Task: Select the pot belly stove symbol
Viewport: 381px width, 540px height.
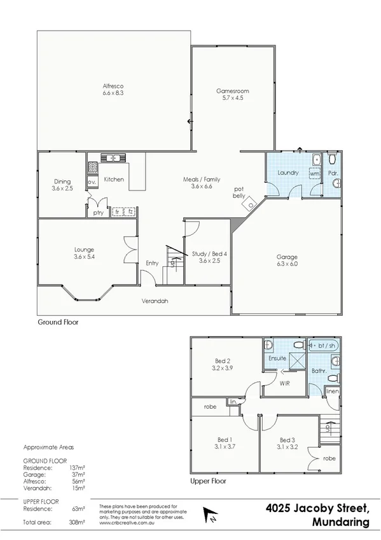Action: pos(253,205)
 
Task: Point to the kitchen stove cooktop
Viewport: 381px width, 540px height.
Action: pos(92,168)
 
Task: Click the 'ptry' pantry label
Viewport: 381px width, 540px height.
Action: pos(97,213)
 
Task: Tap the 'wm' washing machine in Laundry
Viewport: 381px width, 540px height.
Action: pos(314,173)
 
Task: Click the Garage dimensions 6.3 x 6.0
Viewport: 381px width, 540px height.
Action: pos(287,263)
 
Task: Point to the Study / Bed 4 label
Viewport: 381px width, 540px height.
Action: pos(209,253)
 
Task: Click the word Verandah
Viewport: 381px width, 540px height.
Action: pos(155,301)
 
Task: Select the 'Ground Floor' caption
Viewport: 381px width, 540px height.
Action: pos(58,323)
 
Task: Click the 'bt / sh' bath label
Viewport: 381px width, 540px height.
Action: pos(326,345)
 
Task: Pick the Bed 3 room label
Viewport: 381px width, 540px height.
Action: pos(287,439)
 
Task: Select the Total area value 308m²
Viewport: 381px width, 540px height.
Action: pos(77,522)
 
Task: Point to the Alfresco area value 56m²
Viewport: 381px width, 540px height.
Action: pos(78,482)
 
